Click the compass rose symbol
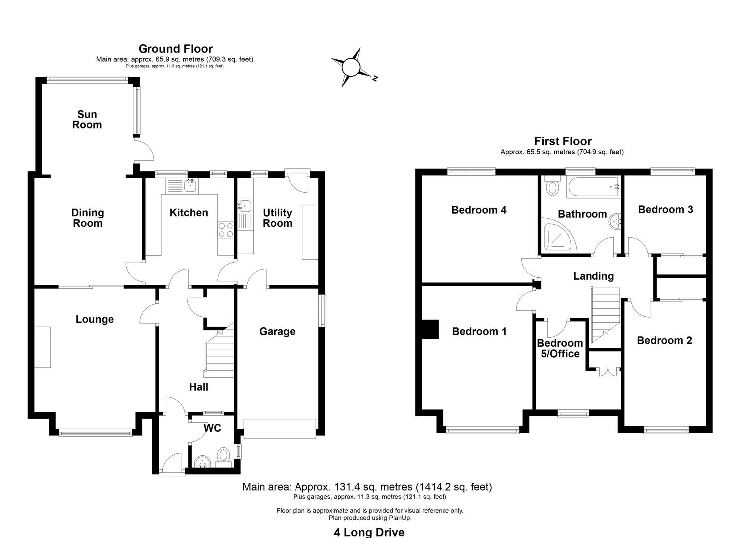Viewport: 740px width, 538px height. [351, 67]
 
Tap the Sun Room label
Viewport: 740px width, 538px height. [87, 120]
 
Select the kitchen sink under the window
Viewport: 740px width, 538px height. [190, 186]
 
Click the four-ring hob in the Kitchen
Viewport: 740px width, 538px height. [226, 230]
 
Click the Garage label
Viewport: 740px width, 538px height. [277, 331]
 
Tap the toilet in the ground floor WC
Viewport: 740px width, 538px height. [224, 455]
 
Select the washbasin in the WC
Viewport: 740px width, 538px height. [202, 462]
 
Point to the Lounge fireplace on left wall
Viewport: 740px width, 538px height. [42, 347]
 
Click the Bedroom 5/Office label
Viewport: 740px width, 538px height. [560, 348]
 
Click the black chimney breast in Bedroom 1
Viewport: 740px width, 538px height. [430, 329]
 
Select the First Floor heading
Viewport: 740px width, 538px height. [563, 141]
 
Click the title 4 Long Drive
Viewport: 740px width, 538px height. [369, 532]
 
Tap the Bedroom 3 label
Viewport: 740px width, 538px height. [665, 209]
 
